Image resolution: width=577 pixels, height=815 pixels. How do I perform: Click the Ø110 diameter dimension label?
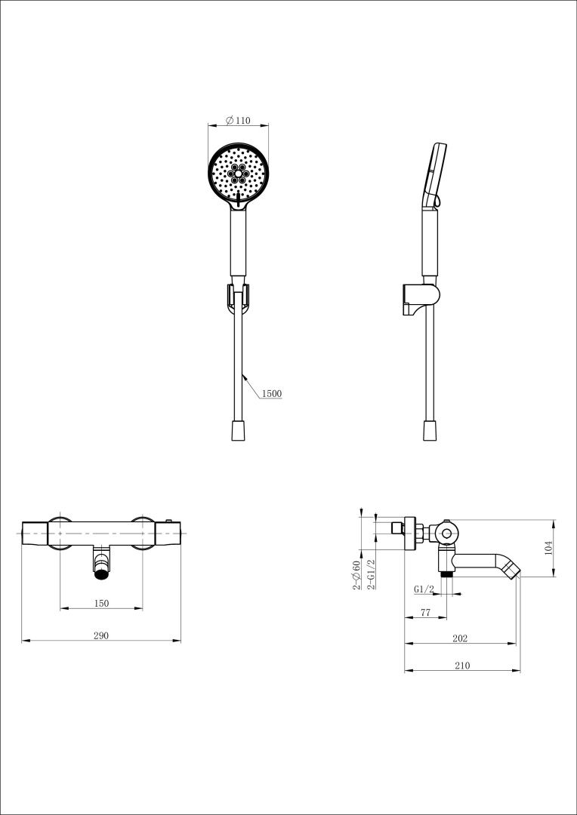(x=238, y=121)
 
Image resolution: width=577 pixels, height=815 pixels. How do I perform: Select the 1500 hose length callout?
(x=271, y=393)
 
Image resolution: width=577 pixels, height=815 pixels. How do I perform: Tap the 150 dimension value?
(x=101, y=603)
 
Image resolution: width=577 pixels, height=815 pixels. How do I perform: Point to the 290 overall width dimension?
(x=101, y=635)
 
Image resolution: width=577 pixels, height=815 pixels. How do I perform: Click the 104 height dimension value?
(x=548, y=548)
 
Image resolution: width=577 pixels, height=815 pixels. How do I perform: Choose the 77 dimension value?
(x=426, y=612)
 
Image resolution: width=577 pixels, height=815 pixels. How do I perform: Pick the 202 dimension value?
(x=460, y=638)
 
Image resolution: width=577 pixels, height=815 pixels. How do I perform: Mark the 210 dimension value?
(x=462, y=666)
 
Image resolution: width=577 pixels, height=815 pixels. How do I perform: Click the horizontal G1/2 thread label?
(x=424, y=589)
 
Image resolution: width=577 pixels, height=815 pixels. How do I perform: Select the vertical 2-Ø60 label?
(x=356, y=575)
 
